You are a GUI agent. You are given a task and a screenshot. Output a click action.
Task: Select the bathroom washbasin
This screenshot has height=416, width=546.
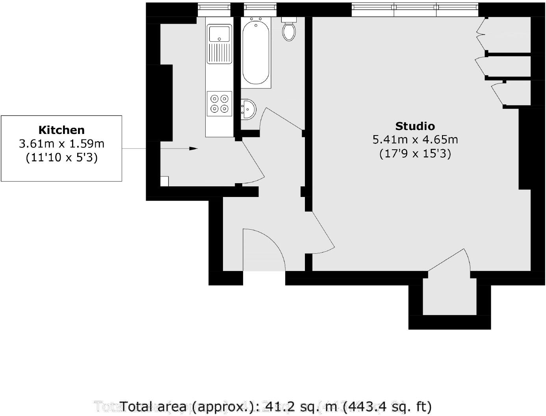(248, 108)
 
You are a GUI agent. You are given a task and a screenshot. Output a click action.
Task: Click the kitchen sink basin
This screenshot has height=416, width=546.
(220, 33)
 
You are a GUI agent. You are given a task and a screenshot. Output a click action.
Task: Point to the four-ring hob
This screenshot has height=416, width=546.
(219, 104)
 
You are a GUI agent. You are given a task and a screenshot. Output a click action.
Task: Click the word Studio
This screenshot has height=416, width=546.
(415, 126)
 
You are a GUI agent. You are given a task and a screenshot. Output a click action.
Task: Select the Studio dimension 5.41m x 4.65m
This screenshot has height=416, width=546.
(415, 139)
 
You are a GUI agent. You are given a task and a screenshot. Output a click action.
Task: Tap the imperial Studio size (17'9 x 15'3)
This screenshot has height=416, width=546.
(415, 153)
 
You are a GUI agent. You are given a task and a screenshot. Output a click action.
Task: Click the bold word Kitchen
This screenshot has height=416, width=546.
(61, 130)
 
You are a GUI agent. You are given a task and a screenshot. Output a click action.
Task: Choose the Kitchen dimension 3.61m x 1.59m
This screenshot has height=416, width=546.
(61, 144)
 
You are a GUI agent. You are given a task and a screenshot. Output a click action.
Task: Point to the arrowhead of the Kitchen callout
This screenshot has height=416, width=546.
(193, 149)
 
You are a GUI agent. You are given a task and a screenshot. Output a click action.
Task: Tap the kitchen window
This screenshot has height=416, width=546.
(214, 7)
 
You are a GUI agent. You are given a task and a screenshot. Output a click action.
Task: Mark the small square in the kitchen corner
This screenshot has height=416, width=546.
(164, 181)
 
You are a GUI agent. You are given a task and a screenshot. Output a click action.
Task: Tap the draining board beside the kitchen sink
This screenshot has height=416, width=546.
(219, 53)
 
